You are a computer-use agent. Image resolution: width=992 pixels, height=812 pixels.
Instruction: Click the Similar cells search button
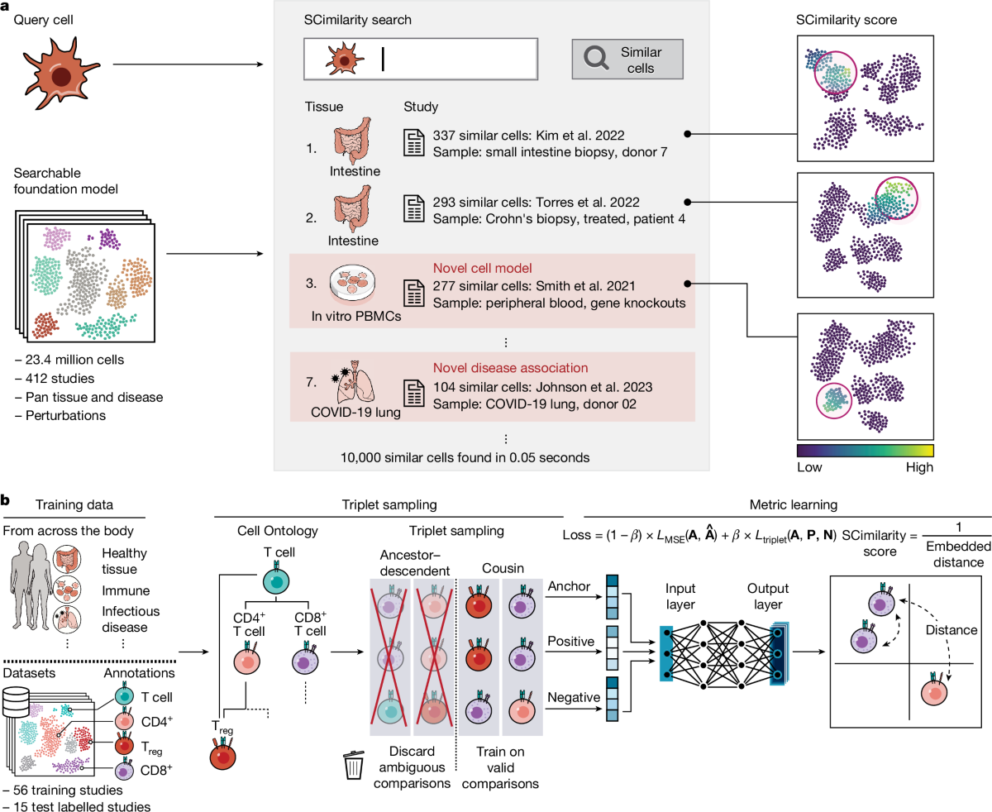627,59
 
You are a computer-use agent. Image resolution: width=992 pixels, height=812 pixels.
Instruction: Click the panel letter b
6,500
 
